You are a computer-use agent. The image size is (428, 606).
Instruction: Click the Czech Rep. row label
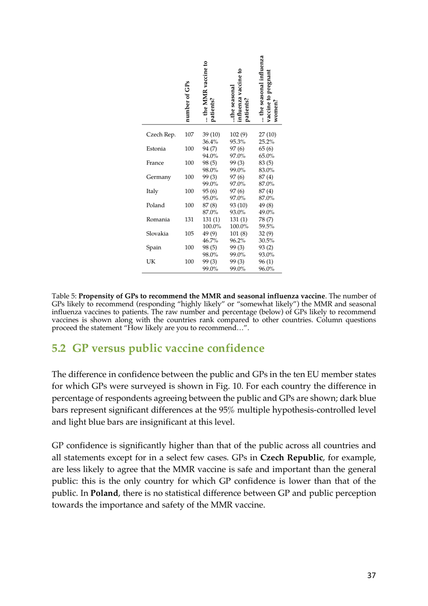pos(160,134)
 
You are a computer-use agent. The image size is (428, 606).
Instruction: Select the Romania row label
pos(158,220)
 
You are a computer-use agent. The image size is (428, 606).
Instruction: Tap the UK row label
pos(150,262)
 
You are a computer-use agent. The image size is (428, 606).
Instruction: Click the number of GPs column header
pos(187,102)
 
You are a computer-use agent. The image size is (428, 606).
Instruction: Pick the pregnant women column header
pos(269,89)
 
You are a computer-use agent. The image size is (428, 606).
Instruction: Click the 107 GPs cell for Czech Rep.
pos(189,134)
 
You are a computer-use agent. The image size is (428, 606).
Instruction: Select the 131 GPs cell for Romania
pos(189,220)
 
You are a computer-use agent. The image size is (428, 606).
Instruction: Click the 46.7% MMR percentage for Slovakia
pos(210,241)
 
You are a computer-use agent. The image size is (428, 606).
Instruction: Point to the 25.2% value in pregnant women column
pos(266,142)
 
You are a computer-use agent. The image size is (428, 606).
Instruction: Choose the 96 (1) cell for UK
pos(266,262)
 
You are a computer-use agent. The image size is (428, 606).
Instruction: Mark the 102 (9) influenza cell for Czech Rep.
pos(238,134)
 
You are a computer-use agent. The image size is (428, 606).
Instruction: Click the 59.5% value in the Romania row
pos(266,226)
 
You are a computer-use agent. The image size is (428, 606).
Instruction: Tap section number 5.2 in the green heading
pos(59,349)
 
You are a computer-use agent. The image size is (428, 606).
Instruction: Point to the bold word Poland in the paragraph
pos(104,493)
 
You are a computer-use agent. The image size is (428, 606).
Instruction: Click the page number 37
pos(371,575)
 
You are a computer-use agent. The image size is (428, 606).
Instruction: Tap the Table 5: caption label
pos(64,296)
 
